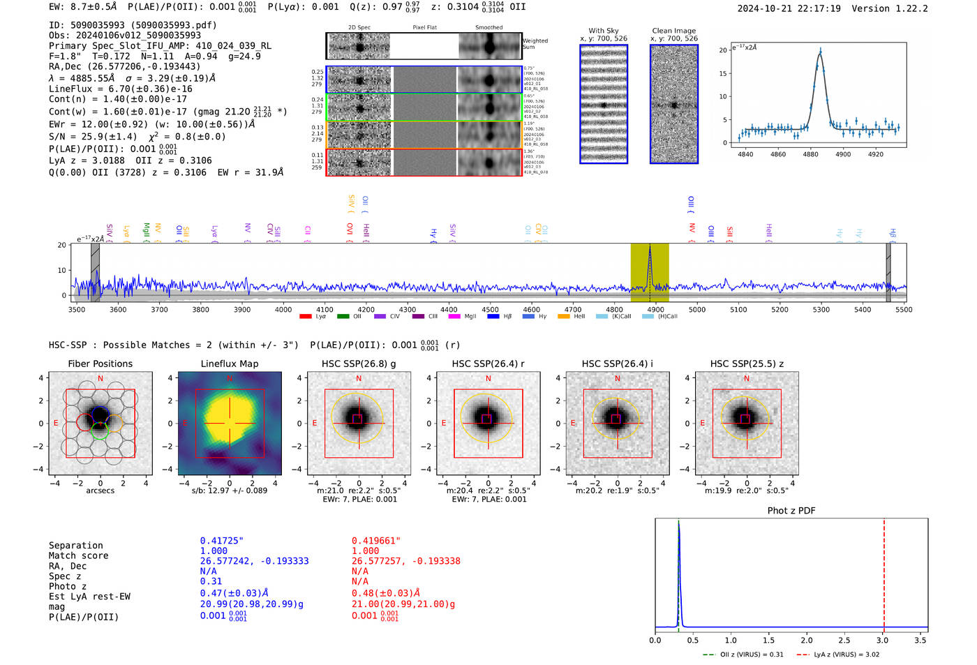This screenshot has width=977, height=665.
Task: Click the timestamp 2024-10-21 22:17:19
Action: tap(789, 9)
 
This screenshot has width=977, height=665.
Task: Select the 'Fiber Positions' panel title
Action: tap(100, 364)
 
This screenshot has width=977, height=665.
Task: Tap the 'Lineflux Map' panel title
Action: tap(229, 364)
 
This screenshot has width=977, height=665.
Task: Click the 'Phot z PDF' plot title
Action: tap(791, 511)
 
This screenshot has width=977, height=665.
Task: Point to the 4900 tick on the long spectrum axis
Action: tap(655, 309)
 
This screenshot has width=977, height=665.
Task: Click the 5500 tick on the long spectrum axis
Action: tap(904, 309)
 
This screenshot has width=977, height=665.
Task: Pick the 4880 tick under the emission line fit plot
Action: tap(810, 154)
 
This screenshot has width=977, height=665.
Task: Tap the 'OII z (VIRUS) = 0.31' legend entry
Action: tap(743, 655)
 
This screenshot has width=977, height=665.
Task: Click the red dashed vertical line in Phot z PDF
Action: tap(884, 572)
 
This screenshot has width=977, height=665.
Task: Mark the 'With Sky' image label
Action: tap(604, 31)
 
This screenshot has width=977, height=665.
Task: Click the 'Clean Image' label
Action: tap(673, 31)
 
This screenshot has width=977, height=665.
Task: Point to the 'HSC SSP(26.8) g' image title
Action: tap(359, 364)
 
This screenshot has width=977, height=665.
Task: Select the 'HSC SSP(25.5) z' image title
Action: tap(747, 364)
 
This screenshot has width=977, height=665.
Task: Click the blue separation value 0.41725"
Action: tap(222, 541)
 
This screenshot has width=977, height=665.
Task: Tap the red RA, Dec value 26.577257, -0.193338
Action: tap(405, 561)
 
